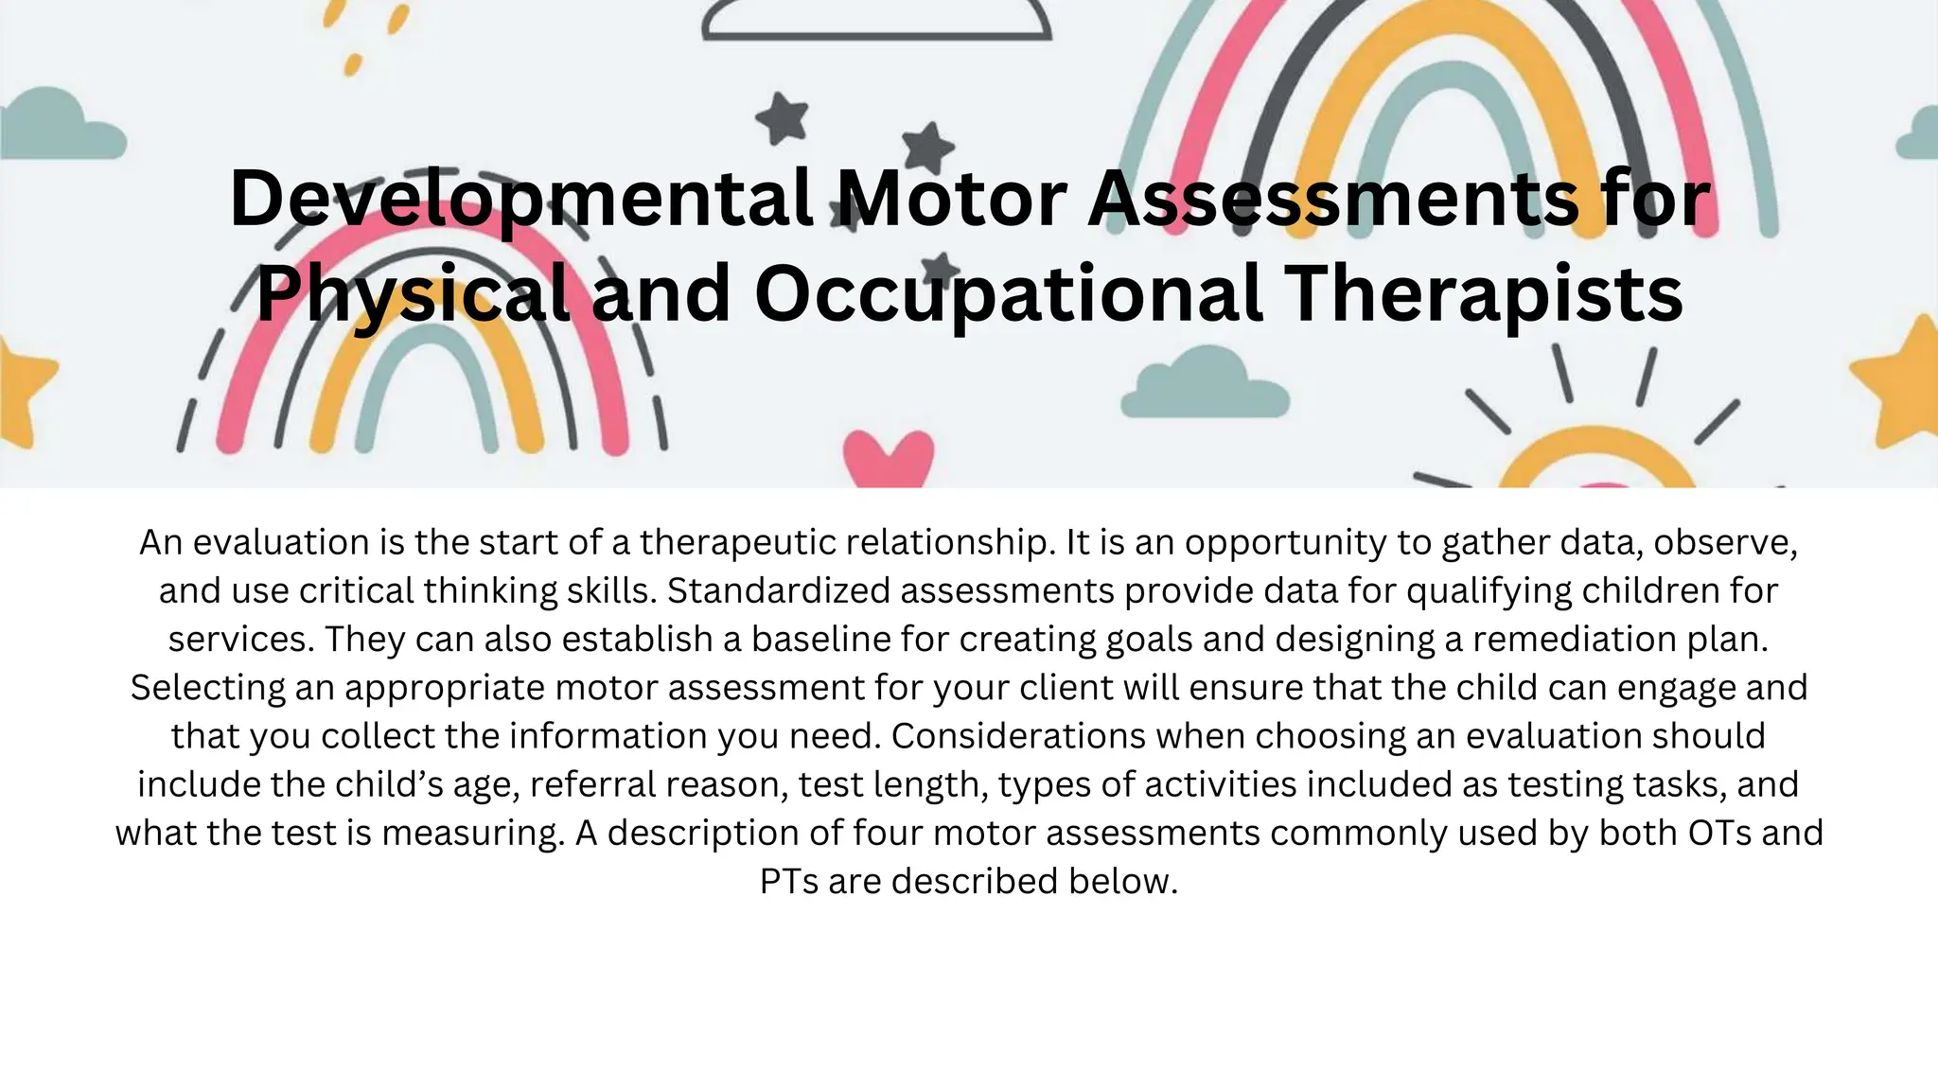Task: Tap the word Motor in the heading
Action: click(952, 199)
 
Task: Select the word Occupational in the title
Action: click(1009, 293)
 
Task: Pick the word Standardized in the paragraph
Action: click(778, 591)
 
